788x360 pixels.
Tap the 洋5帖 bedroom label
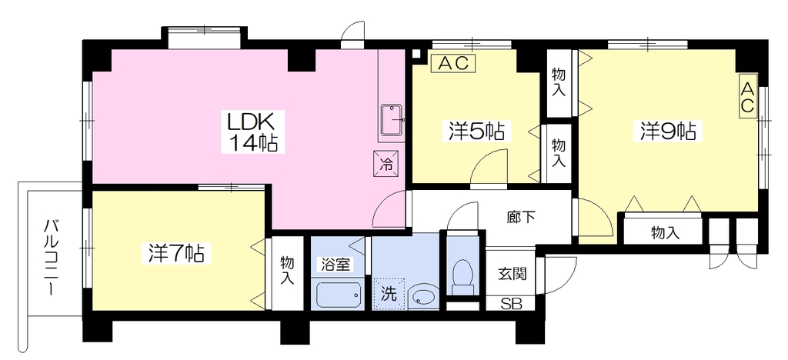click(x=476, y=132)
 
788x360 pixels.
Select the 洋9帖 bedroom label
click(x=668, y=132)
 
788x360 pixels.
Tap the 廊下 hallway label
click(x=521, y=217)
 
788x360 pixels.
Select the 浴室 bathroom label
click(x=336, y=265)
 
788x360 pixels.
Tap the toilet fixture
click(x=462, y=278)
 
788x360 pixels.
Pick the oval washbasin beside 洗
click(x=424, y=297)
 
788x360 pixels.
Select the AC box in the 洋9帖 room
click(x=747, y=98)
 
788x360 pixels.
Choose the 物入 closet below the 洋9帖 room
click(x=665, y=232)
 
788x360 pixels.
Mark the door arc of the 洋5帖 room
click(x=480, y=160)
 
